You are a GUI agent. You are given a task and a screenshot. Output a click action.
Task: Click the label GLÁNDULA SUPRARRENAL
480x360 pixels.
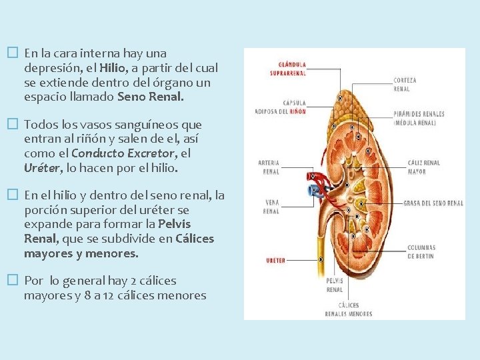pyautogui.click(x=287, y=69)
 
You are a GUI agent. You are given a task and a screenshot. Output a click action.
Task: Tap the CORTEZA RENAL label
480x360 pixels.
pyautogui.click(x=405, y=85)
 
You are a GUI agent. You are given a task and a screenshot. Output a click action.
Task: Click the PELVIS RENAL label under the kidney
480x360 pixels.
pyautogui.click(x=334, y=285)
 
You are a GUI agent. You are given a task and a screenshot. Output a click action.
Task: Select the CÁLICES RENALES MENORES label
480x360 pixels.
pyautogui.click(x=349, y=309)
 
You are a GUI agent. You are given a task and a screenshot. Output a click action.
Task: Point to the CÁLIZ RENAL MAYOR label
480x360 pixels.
pyautogui.click(x=423, y=167)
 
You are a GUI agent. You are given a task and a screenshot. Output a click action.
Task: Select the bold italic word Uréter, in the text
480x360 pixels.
pyautogui.click(x=41, y=169)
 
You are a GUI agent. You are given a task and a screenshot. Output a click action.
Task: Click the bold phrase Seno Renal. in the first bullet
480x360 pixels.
pyautogui.click(x=150, y=97)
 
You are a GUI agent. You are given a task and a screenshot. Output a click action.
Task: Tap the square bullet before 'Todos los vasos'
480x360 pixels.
pyautogui.click(x=12, y=124)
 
